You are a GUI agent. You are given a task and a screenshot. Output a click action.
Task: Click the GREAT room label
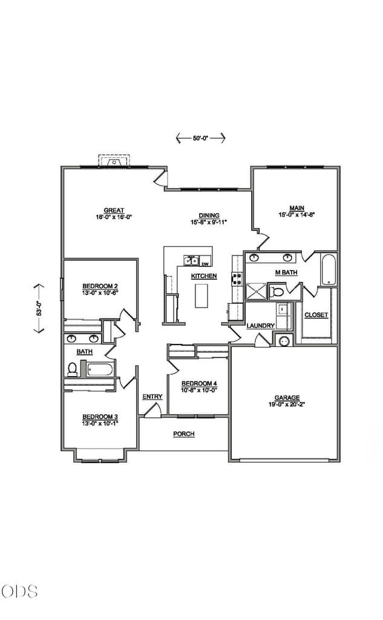pyautogui.click(x=114, y=210)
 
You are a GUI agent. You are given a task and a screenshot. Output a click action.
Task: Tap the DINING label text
pyautogui.click(x=209, y=216)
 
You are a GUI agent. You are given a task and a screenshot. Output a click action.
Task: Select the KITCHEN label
pyautogui.click(x=204, y=276)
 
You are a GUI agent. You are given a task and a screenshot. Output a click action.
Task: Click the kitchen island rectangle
pyautogui.click(x=201, y=295)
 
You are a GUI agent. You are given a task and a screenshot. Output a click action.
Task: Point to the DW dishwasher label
pyautogui.click(x=205, y=264)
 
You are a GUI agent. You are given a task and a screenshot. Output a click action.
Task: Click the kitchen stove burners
pyautogui.click(x=237, y=279)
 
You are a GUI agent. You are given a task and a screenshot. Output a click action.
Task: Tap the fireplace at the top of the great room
pyautogui.click(x=114, y=161)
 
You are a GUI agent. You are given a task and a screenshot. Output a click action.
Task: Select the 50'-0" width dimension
pyautogui.click(x=200, y=138)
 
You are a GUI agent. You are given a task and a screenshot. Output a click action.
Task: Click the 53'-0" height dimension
pyautogui.click(x=39, y=308)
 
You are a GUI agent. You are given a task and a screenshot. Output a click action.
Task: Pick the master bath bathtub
pyautogui.click(x=329, y=269)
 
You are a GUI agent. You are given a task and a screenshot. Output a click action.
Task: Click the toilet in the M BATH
pyautogui.click(x=277, y=292)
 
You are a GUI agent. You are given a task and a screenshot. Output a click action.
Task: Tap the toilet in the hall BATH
pyautogui.click(x=72, y=370)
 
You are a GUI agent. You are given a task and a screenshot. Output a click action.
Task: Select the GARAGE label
pyautogui.click(x=287, y=398)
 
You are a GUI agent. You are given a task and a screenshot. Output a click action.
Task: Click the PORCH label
pyautogui.click(x=184, y=434)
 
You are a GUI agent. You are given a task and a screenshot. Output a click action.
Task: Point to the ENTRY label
pyautogui.click(x=152, y=397)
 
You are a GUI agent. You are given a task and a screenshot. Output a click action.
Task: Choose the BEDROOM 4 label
pyautogui.click(x=199, y=383)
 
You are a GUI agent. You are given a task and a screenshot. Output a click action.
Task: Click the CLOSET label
pyautogui.click(x=316, y=315)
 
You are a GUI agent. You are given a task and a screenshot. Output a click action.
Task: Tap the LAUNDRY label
pyautogui.click(x=260, y=325)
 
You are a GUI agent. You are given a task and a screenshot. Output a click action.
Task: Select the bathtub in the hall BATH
pyautogui.click(x=100, y=370)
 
